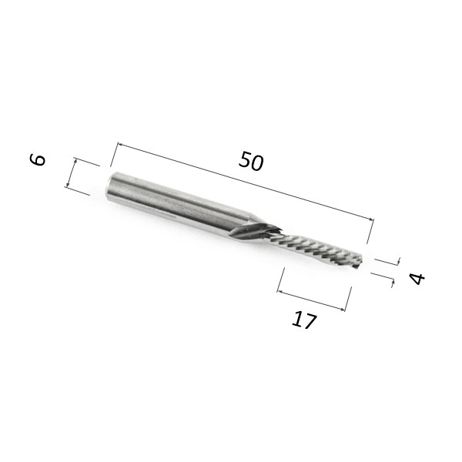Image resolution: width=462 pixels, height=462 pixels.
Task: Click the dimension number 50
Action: coord(251,161)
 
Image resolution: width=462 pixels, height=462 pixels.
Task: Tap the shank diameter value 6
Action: coord(38,159)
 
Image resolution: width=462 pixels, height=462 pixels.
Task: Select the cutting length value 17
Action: coord(304,320)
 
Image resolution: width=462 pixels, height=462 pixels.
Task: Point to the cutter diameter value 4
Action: coord(417,279)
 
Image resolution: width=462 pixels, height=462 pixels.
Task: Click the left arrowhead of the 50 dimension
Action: coord(120,145)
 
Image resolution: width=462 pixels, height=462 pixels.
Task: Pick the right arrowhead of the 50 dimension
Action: coord(371,219)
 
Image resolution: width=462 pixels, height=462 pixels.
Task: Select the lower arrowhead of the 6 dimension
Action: coord(68,184)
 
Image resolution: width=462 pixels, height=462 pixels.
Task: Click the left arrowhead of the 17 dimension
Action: coord(280,292)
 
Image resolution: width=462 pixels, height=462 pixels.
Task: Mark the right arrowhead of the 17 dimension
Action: coord(342,310)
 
